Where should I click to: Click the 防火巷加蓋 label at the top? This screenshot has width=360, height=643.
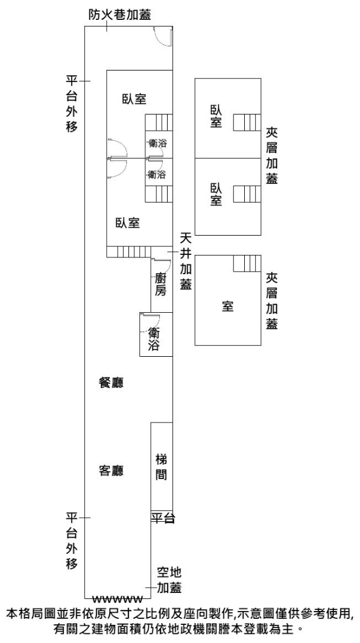(120, 14)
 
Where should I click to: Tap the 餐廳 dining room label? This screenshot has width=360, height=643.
(111, 383)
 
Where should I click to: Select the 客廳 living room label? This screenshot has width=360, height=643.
(111, 471)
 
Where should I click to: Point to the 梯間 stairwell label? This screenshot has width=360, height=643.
(162, 467)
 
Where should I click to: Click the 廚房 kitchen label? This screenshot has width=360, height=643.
(161, 285)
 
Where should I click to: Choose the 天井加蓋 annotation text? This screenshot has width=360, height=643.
(186, 261)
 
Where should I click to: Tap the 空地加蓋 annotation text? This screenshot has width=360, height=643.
(169, 580)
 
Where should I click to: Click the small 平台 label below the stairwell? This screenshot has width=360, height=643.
(163, 518)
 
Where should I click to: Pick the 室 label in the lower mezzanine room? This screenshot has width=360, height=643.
(227, 306)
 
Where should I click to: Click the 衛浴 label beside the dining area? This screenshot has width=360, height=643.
(154, 339)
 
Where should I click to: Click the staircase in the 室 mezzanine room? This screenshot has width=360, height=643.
(247, 263)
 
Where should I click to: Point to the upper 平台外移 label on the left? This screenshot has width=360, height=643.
(72, 103)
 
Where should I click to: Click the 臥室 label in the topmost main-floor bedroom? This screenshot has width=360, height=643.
(134, 99)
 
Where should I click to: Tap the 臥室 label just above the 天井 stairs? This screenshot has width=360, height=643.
(128, 223)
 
